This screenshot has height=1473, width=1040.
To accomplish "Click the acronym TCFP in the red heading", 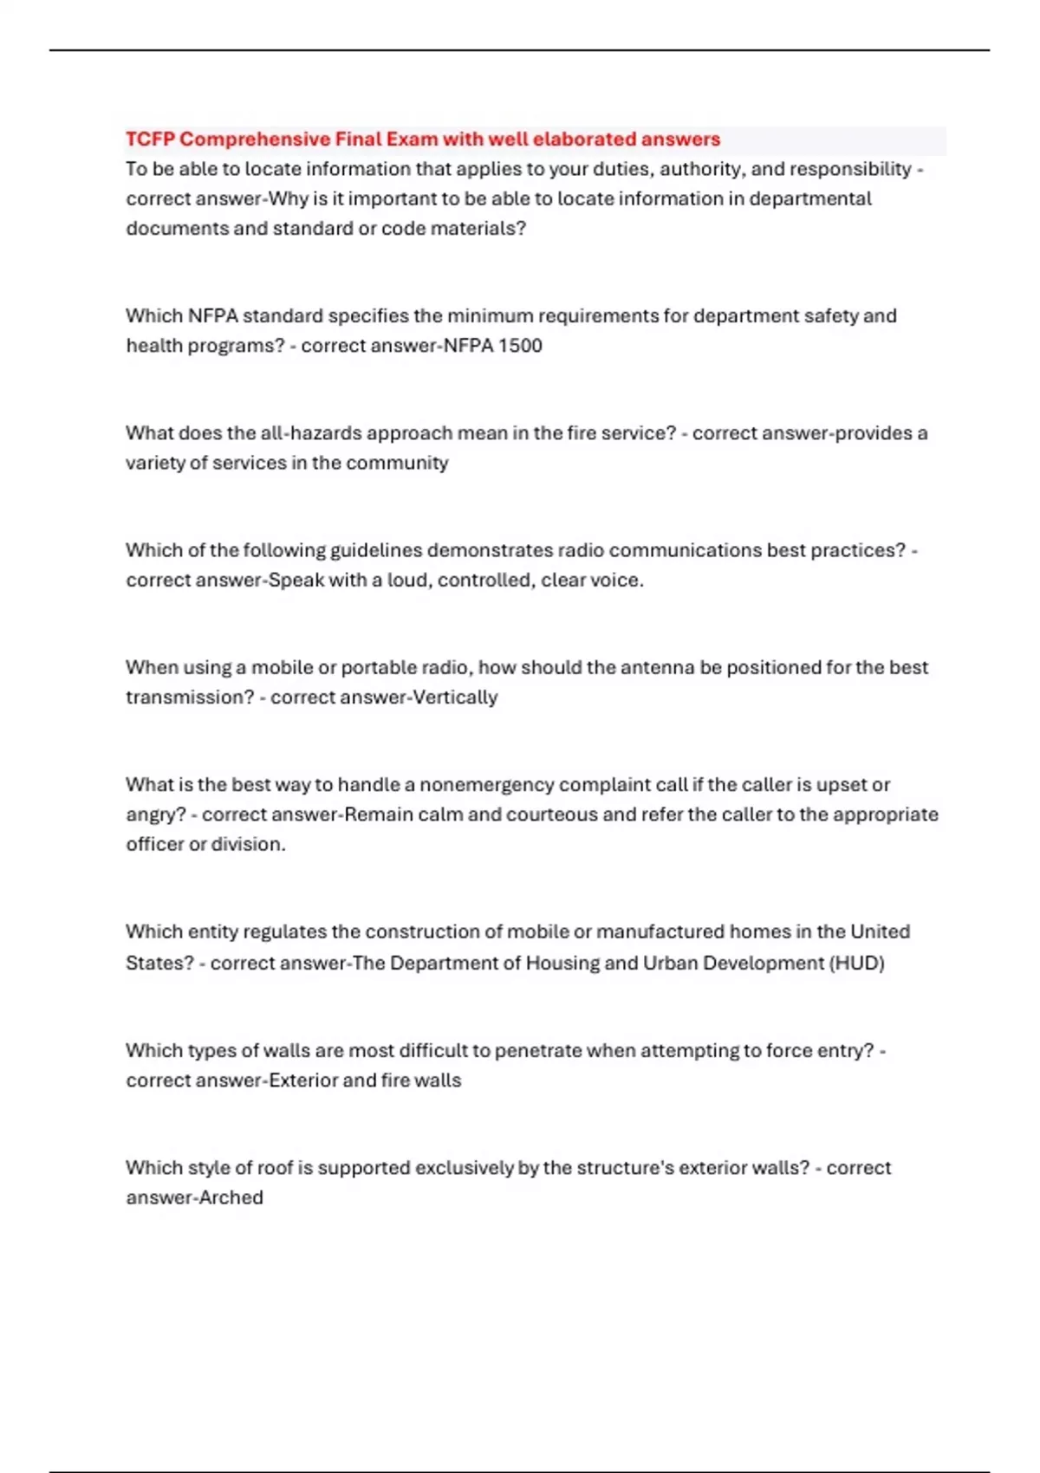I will tap(150, 140).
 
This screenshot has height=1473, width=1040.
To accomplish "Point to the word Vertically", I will tap(455, 698).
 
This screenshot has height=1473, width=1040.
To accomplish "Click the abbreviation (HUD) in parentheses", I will tap(857, 964).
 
